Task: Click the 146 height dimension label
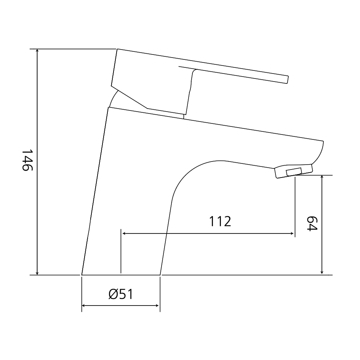pyautogui.click(x=28, y=160)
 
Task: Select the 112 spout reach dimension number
pyautogui.click(x=220, y=221)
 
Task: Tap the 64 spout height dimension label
pyautogui.click(x=312, y=224)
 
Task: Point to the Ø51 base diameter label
pyautogui.click(x=121, y=294)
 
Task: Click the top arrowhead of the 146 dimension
pyautogui.click(x=37, y=51)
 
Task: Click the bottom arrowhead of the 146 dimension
pyautogui.click(x=37, y=272)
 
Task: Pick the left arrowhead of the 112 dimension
pyautogui.click(x=123, y=234)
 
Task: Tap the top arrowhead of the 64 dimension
pyautogui.click(x=322, y=178)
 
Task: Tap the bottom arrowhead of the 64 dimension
pyautogui.click(x=322, y=272)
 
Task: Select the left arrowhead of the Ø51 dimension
pyautogui.click(x=84, y=306)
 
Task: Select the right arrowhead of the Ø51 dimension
pyautogui.click(x=157, y=306)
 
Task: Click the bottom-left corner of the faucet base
pyautogui.click(x=82, y=274)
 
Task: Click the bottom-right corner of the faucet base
pyautogui.click(x=160, y=274)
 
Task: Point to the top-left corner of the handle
pyautogui.click(x=117, y=50)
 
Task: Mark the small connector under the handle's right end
pyautogui.click(x=185, y=116)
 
